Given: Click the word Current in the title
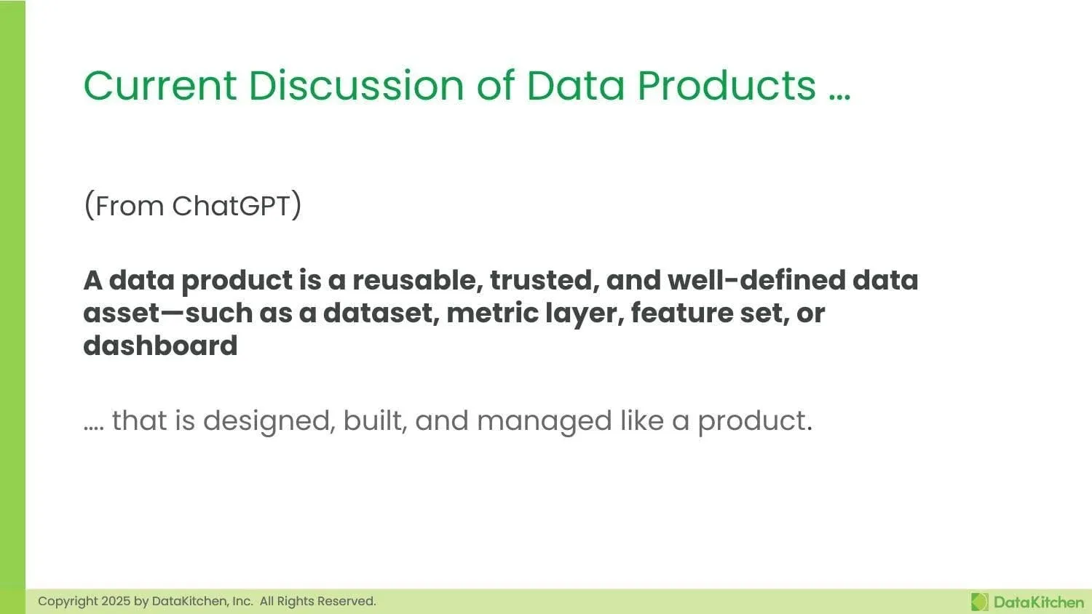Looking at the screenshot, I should [x=159, y=85].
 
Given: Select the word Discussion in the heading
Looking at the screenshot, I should [x=356, y=85].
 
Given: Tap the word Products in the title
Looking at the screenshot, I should [x=727, y=85].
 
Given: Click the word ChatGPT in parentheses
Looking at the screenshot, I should [x=231, y=206].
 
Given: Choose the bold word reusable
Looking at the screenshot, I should [x=416, y=280].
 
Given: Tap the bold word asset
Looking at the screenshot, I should [x=122, y=313].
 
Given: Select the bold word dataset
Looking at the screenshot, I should [x=380, y=313].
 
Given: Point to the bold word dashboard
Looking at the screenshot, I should [x=160, y=346].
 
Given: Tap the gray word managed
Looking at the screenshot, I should [x=544, y=421].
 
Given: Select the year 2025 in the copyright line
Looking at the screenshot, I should [x=116, y=601].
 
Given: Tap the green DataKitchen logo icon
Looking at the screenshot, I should [x=980, y=602].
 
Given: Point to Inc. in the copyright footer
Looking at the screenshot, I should [x=242, y=601].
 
